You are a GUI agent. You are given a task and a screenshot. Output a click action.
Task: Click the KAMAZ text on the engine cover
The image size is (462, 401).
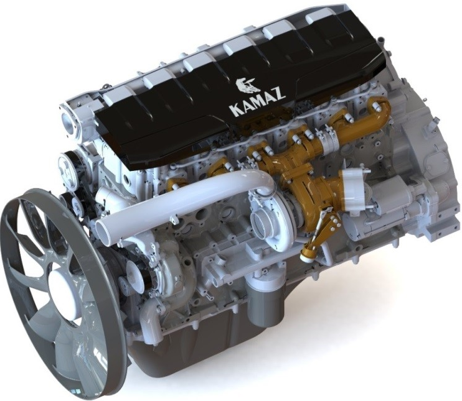[257, 103]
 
